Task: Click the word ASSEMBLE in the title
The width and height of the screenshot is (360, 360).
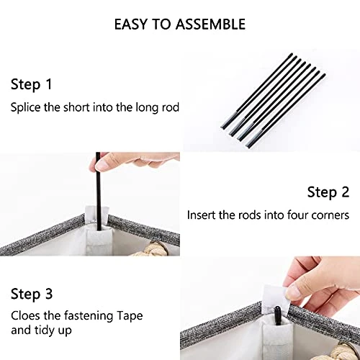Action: (x=210, y=24)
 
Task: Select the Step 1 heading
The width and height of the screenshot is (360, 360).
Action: (x=32, y=85)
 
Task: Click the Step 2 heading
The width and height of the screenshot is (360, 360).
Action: (x=328, y=192)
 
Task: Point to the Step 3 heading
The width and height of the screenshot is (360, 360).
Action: (x=32, y=294)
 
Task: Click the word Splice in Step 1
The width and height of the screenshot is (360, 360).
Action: (x=26, y=107)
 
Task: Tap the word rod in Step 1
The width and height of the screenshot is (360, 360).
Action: (x=171, y=107)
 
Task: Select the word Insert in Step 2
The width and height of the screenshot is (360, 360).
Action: (x=202, y=215)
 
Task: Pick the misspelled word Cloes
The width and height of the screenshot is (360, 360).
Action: (x=25, y=315)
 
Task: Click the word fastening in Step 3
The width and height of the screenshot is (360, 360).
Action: (x=89, y=316)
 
